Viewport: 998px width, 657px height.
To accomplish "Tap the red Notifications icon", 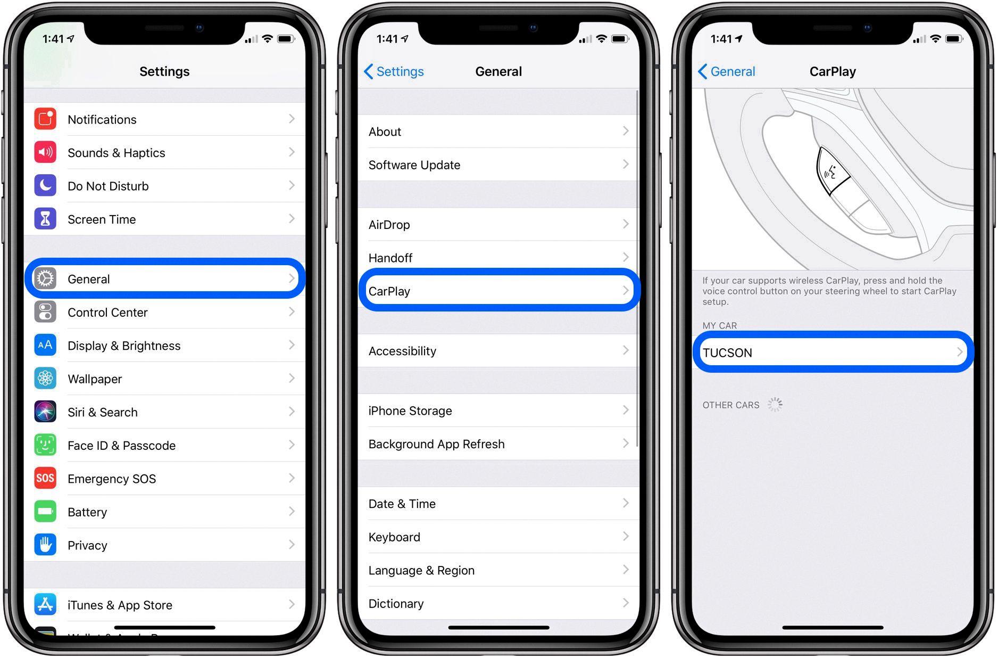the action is point(45,119).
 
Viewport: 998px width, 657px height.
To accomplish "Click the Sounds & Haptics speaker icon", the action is point(45,152).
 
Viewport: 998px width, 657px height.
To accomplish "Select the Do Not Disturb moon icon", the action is point(45,185).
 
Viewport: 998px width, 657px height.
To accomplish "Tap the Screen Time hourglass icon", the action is point(45,219).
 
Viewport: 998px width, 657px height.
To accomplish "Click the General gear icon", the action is point(45,278).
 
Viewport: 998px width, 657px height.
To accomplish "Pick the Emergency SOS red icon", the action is point(45,478).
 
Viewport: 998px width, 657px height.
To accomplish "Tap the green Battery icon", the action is point(45,512).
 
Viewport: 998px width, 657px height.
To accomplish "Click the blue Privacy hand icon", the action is point(45,545).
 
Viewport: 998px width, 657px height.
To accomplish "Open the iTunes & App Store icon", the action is point(45,604).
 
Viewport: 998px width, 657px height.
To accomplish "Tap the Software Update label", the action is point(414,165).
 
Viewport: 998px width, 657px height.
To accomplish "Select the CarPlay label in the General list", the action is point(389,291).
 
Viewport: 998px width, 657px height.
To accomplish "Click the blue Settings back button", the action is point(394,71).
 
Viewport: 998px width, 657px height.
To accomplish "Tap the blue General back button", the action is point(726,71).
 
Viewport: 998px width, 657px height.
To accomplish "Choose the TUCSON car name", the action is point(727,353).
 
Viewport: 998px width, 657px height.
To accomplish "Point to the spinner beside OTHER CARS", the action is point(775,405).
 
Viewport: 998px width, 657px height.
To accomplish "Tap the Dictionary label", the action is point(396,604).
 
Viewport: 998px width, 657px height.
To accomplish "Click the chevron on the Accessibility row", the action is point(626,350).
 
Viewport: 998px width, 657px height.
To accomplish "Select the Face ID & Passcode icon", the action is point(45,445).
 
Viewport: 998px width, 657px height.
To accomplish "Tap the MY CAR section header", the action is point(719,325).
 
